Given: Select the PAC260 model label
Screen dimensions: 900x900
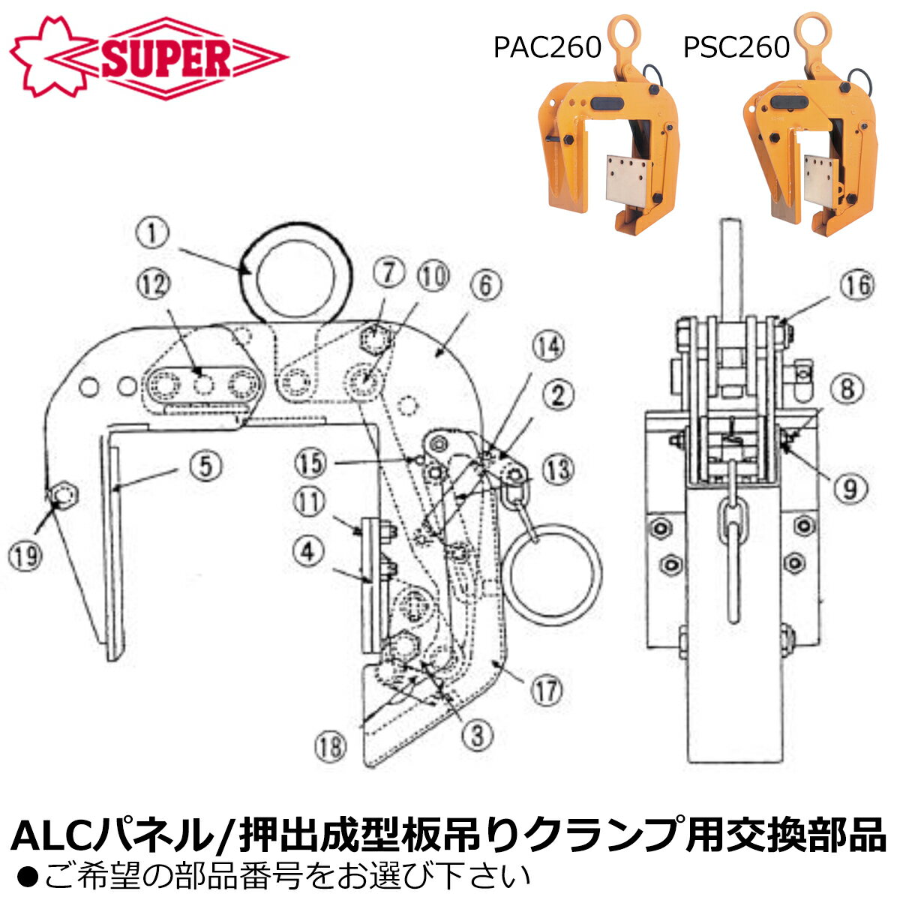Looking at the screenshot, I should [x=547, y=47].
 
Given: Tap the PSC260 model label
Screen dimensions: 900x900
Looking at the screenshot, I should [x=736, y=47].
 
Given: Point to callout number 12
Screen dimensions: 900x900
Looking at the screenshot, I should [x=152, y=286].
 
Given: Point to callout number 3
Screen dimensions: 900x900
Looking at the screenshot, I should [x=476, y=735].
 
